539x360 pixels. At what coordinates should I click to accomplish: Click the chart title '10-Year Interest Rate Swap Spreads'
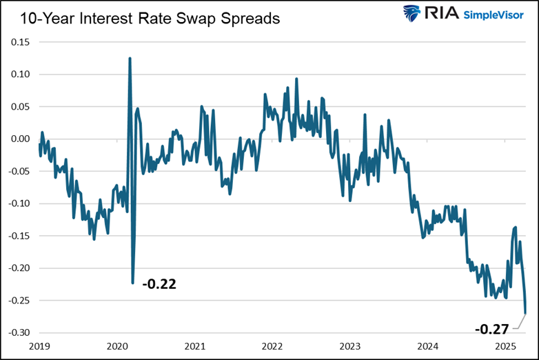(x=150, y=18)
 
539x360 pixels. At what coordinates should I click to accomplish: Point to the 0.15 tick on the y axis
(x=21, y=42)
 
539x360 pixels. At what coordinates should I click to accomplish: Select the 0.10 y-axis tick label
(x=21, y=74)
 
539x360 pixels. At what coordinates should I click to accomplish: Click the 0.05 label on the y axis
(x=21, y=107)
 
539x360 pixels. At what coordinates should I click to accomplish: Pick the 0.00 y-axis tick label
(x=21, y=139)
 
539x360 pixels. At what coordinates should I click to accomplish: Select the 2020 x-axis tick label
(x=117, y=346)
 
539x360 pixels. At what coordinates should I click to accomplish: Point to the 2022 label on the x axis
(x=272, y=346)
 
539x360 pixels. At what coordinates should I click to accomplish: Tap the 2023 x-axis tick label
(x=350, y=346)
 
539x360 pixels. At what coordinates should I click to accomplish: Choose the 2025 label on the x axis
(x=505, y=346)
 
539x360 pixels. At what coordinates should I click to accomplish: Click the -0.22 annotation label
(x=159, y=283)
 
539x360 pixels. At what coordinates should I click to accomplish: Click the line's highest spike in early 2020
(x=130, y=59)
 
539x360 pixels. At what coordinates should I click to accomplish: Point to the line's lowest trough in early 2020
(x=132, y=282)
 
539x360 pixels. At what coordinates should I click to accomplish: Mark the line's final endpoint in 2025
(x=526, y=314)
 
